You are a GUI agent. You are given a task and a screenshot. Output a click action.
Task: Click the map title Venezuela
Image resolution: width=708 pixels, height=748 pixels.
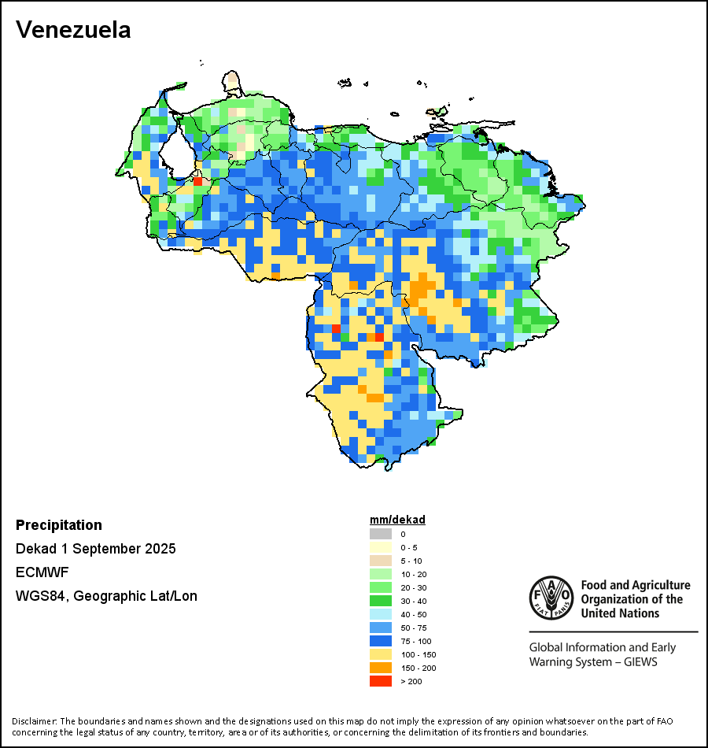[73, 30]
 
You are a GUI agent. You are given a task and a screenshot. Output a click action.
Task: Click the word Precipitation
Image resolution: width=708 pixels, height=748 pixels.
[59, 525]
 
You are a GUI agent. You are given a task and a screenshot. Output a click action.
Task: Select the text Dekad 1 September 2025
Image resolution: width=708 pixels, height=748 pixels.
[96, 549]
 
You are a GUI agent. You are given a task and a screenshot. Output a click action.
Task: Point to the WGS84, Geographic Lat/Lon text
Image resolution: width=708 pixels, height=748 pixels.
[106, 596]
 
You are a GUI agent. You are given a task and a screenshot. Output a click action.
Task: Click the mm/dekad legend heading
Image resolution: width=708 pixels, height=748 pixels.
[397, 520]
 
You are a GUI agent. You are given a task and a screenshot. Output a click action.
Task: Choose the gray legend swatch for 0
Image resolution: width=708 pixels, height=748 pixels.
[380, 534]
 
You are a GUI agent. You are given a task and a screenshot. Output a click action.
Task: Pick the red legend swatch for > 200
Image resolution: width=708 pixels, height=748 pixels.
[380, 681]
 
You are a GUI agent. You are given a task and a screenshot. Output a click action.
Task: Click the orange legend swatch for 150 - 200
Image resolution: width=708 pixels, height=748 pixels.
[380, 668]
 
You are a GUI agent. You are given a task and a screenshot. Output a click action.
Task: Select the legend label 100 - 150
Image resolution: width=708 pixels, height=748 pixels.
[418, 654]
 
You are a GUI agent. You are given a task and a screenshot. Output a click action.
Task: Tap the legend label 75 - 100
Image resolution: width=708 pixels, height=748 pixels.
[416, 641]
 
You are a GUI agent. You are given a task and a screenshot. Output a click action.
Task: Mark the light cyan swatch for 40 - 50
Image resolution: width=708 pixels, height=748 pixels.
[380, 614]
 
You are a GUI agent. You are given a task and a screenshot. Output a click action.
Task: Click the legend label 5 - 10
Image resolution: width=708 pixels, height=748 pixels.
[411, 561]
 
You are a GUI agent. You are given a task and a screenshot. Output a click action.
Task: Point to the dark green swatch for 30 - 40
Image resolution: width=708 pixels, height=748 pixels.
[380, 601]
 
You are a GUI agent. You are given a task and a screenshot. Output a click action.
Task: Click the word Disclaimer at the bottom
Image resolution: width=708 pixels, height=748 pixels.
[34, 721]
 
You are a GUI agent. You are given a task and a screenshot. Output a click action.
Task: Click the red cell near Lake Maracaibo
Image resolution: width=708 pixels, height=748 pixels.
[197, 181]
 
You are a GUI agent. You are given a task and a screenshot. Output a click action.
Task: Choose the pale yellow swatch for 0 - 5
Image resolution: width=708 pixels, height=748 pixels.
[380, 547]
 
